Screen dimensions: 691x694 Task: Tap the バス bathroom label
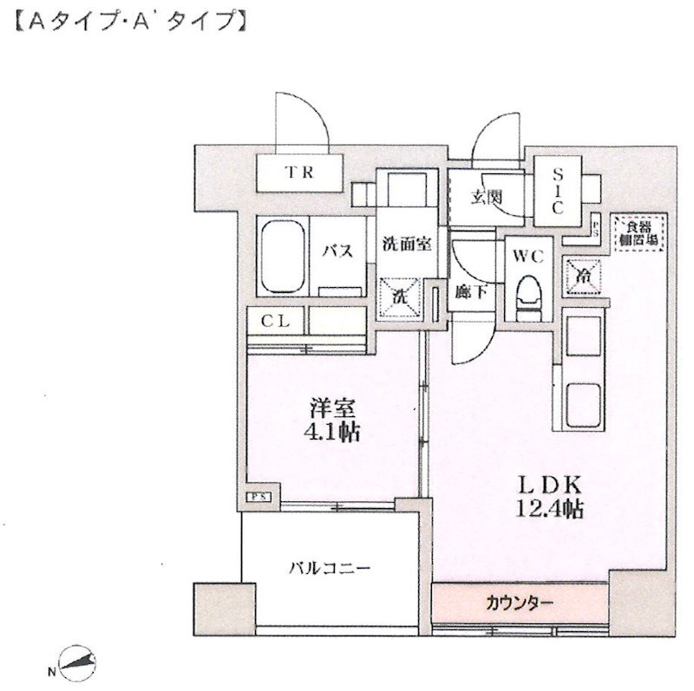pos(337,252)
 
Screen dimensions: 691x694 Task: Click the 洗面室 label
pos(406,245)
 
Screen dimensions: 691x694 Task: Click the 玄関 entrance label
pos(487,197)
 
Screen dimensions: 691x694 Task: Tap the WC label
pos(527,257)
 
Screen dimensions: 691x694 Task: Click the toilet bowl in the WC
pos(527,295)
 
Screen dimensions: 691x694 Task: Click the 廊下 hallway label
pos(471,292)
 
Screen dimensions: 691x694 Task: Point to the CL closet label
pos(276,321)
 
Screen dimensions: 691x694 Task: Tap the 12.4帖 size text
pos(550,509)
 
